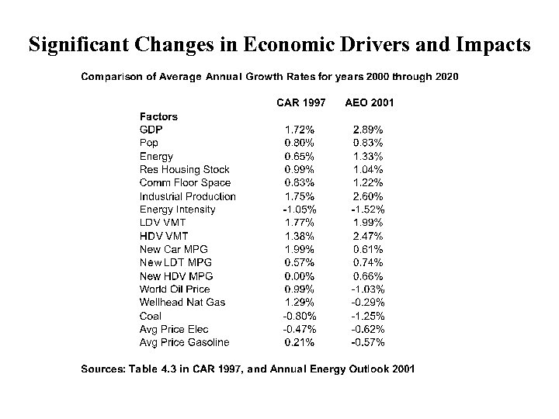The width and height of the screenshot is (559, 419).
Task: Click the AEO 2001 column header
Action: pos(370,102)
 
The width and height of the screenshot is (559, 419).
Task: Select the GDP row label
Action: pos(151,130)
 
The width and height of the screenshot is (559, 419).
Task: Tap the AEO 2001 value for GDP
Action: pos(370,130)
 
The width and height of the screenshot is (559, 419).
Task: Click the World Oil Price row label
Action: pos(175,289)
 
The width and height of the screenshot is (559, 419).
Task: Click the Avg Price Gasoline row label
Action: pos(184,342)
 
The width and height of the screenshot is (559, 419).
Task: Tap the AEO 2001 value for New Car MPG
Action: pos(370,249)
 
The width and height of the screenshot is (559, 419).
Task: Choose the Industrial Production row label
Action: pos(187,196)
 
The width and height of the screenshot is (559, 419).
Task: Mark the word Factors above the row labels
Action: pos(158,116)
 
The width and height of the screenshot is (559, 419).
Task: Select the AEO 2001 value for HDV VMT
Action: pos(370,236)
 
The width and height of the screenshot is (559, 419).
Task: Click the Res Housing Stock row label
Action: pos(185,169)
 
